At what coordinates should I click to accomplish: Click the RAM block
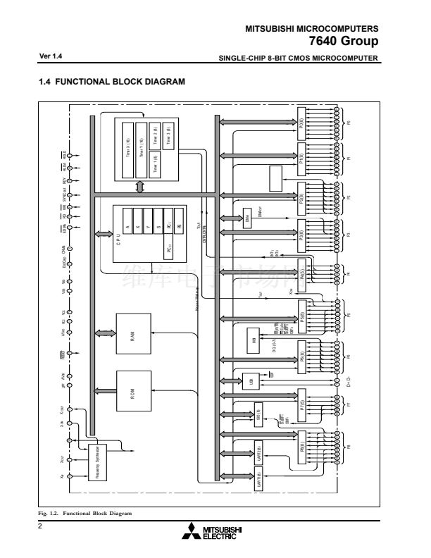coord(133,333)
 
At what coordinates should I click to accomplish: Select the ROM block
coord(133,390)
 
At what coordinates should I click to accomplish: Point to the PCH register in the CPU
coord(169,248)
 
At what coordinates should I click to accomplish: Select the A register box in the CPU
coord(127,225)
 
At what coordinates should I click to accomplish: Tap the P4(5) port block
coord(301,270)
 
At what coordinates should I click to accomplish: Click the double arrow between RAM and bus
coord(105,333)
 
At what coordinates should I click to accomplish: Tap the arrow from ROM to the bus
coord(105,390)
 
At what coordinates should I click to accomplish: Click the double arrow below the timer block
coord(140,187)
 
